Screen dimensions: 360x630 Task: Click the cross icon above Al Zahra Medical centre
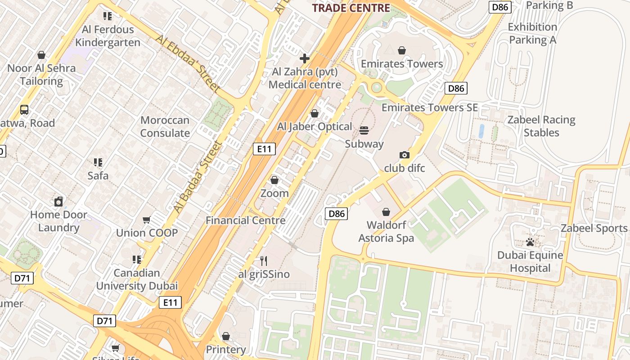[305, 58]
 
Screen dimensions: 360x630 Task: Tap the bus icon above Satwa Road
[24, 110]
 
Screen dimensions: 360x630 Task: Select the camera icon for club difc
[405, 155]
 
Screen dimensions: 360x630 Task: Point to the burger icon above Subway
[364, 130]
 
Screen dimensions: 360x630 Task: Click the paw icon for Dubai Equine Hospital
[530, 243]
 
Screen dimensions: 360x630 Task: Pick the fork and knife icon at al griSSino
[264, 261]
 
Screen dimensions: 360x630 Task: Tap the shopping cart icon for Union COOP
[146, 220]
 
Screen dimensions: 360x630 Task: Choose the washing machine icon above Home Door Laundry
[58, 202]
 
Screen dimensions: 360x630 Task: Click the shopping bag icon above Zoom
[274, 180]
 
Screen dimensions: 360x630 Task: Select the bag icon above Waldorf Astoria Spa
[386, 212]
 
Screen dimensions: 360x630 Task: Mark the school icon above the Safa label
[98, 162]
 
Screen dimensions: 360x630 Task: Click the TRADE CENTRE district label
[351, 8]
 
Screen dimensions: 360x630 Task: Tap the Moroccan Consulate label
[165, 127]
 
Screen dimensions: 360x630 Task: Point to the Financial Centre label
[246, 220]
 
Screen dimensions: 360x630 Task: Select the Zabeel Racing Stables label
[541, 126]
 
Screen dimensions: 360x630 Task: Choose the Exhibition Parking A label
[532, 33]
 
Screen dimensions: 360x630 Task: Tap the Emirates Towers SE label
[430, 108]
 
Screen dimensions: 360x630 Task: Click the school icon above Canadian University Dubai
[137, 260]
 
